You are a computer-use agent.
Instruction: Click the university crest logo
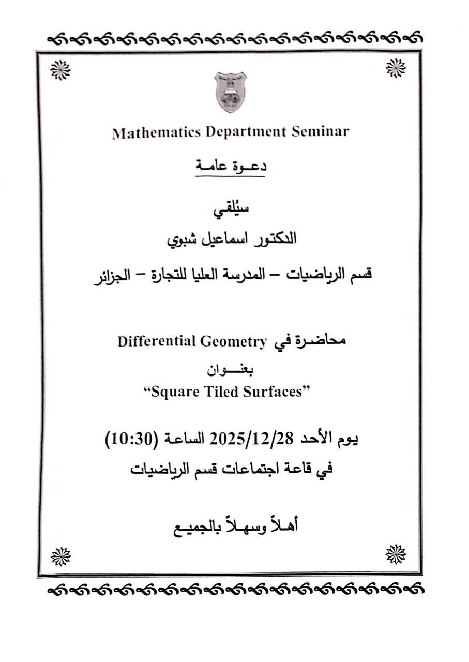click(x=230, y=93)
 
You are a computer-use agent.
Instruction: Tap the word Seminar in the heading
click(x=320, y=131)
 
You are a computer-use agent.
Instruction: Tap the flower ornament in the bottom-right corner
click(x=396, y=554)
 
